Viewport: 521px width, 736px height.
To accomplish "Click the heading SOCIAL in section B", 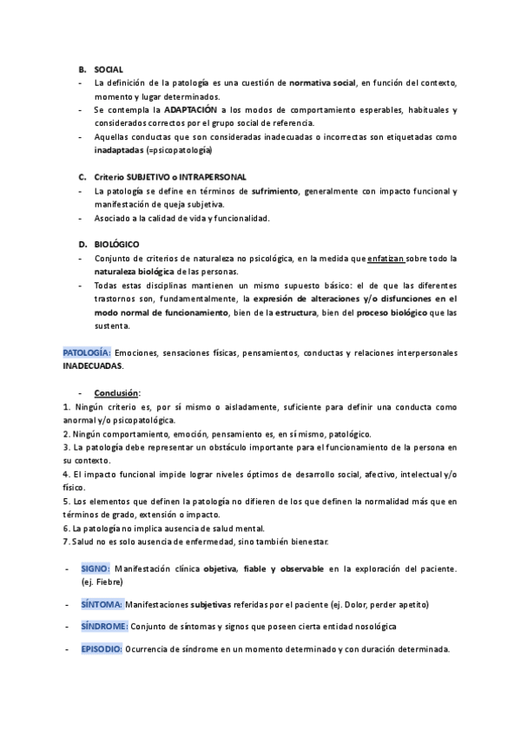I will (109, 69).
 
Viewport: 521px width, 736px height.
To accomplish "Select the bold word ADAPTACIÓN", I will (192, 110).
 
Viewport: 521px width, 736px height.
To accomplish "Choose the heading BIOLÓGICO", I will (116, 245).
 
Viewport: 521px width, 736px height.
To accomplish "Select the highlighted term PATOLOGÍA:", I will (86, 353).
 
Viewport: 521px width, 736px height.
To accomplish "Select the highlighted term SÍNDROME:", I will (104, 626).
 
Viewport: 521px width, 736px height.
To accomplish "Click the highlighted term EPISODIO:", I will (102, 648).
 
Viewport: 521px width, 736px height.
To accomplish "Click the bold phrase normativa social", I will (322, 82).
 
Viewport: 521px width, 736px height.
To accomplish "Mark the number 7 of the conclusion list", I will (66, 542).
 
